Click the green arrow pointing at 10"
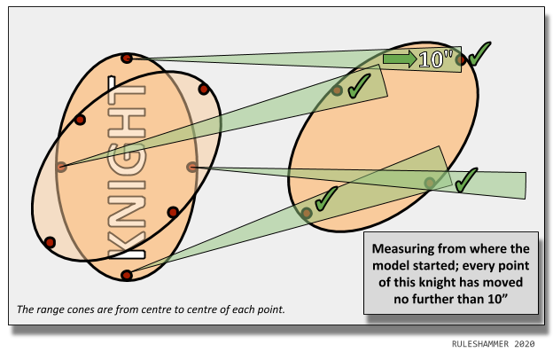coord(399,59)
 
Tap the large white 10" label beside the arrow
coord(436,59)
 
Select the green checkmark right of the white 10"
coord(479,54)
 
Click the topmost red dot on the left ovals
coord(127,59)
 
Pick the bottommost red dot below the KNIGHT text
coord(127,275)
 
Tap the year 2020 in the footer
coord(525,343)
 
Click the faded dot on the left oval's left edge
coord(61,167)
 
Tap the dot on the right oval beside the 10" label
coord(460,60)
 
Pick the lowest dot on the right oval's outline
coord(307,213)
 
